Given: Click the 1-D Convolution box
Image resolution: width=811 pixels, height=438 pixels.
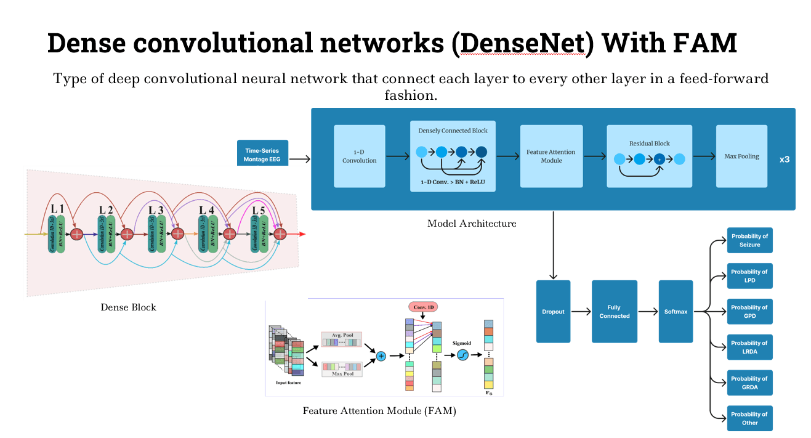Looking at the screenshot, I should [359, 156].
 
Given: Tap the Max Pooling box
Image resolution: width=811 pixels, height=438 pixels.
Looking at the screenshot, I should [741, 156].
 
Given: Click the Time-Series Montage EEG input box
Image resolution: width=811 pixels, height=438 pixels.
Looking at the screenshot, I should [261, 155].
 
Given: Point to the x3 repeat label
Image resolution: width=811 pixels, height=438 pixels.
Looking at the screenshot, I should [784, 159].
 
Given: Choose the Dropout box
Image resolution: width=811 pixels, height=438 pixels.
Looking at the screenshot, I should [553, 312].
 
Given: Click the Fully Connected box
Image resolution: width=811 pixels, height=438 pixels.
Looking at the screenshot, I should [614, 312].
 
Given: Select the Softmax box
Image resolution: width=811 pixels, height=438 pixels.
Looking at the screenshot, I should [676, 312].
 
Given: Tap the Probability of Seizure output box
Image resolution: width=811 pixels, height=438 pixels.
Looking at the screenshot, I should [749, 240].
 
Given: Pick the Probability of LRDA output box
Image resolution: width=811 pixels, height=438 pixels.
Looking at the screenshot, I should [749, 347].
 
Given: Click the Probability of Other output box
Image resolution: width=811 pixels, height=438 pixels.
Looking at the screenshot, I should [749, 419].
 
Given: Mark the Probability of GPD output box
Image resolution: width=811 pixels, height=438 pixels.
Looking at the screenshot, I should [749, 312].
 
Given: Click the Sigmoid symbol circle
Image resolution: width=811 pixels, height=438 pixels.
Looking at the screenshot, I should [463, 355].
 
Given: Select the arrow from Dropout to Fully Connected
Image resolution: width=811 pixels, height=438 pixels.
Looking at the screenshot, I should [581, 312].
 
